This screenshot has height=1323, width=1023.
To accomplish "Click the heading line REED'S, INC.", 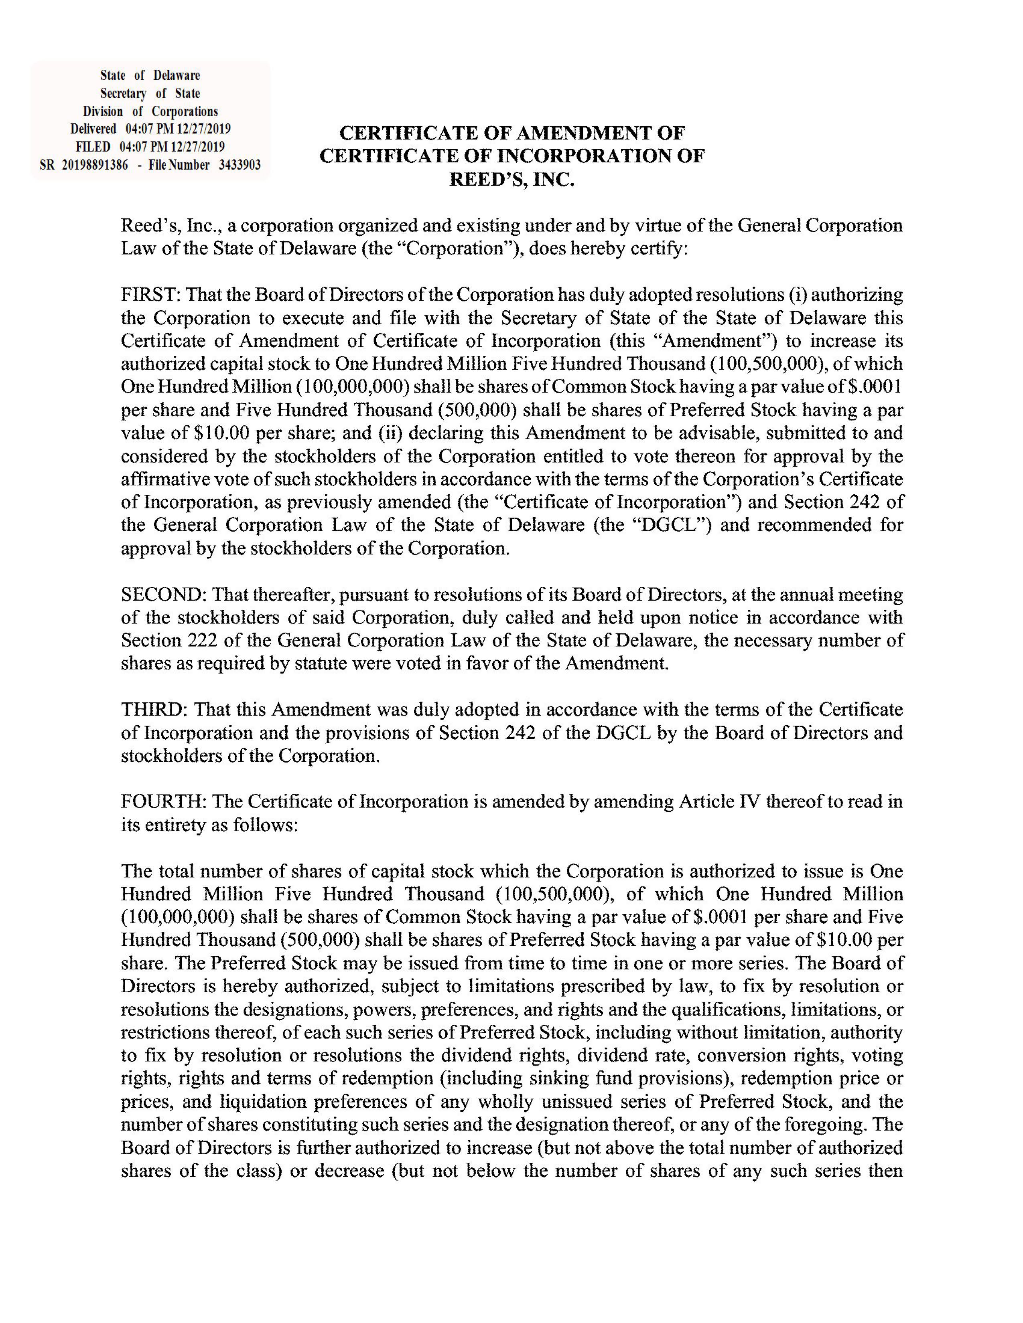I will click(x=511, y=180).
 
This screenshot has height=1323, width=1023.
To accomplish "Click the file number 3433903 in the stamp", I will click(x=240, y=165).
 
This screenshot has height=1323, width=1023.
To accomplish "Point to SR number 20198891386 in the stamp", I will click(x=95, y=165).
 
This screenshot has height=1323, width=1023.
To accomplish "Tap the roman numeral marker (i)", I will click(x=797, y=295).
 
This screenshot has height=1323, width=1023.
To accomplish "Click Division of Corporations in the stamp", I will click(x=150, y=111).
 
